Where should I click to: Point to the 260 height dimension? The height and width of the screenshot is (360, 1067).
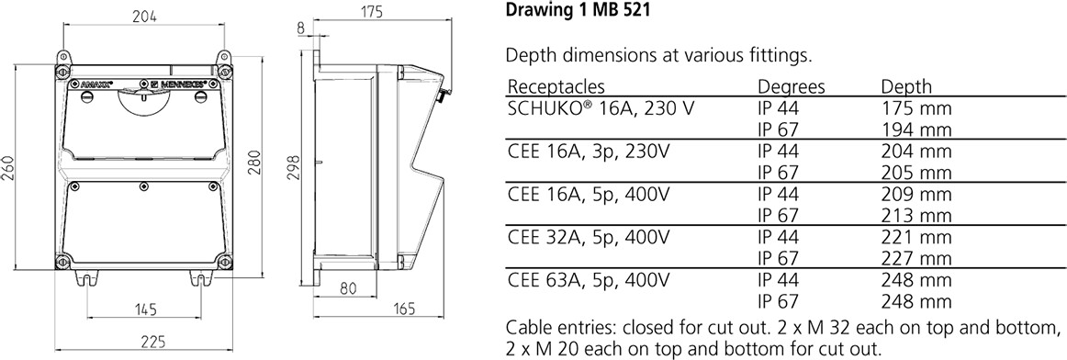click(9, 170)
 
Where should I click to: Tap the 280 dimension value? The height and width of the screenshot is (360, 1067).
click(253, 163)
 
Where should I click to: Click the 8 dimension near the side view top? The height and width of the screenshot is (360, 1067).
click(301, 28)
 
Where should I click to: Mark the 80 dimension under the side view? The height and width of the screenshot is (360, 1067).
click(348, 288)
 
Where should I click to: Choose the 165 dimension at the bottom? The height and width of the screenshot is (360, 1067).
click(404, 309)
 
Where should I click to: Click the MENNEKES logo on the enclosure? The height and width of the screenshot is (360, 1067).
click(179, 85)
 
